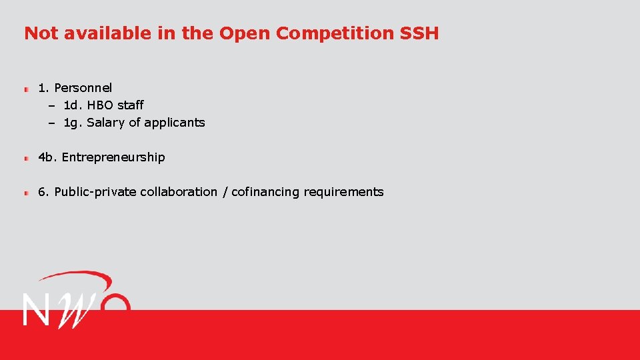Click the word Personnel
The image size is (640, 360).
83,88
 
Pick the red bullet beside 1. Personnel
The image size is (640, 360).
27,89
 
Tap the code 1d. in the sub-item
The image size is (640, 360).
73,105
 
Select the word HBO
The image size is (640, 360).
100,105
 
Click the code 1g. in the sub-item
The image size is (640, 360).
73,123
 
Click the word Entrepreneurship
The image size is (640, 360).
113,157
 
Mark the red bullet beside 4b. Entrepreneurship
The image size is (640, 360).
27,158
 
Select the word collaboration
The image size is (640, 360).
179,192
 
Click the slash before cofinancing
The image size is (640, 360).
225,192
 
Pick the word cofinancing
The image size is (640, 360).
265,192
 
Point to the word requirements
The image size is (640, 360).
343,192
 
